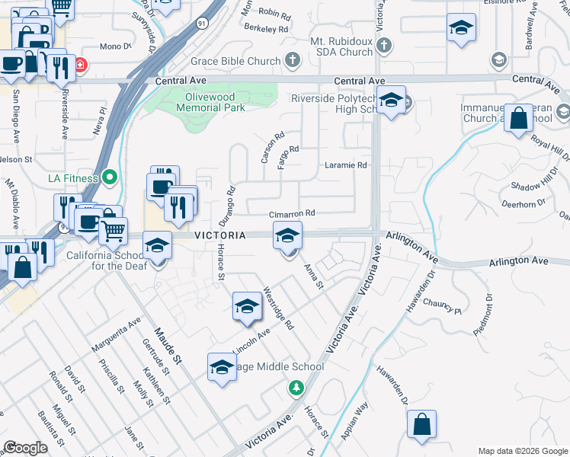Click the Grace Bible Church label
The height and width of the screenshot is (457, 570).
236,61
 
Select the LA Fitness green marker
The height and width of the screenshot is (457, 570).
110,178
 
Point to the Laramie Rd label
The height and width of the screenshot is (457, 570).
346,165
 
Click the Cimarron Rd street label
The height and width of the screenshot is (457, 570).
291,215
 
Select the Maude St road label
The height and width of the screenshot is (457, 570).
169,344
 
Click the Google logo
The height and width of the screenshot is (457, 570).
25,447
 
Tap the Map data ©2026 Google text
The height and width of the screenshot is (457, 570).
523,451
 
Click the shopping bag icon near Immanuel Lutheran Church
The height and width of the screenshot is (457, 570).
518,119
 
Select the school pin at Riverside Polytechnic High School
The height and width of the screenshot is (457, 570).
391,101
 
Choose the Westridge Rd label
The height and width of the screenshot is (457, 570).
277,308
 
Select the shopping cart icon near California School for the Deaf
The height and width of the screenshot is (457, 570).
113,230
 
